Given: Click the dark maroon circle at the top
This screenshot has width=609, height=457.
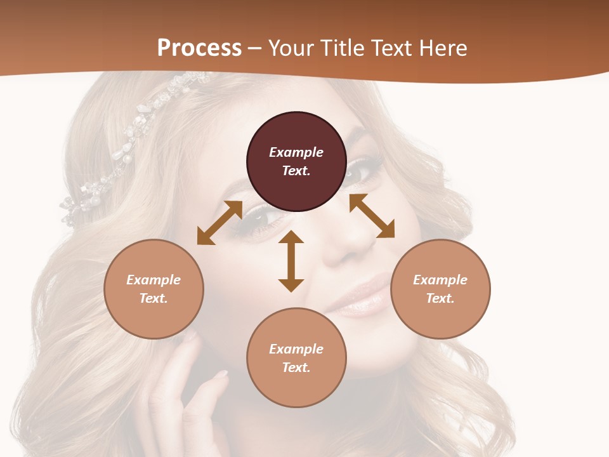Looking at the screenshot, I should point(296,161).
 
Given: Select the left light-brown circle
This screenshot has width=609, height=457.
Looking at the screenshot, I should point(154,289).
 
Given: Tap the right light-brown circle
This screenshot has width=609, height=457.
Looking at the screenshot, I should point(440,289).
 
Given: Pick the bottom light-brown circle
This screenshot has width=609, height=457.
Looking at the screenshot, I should point(296,358).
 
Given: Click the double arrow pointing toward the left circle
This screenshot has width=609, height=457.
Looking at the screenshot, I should point(219,223).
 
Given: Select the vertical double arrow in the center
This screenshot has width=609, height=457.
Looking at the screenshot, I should point(291,261).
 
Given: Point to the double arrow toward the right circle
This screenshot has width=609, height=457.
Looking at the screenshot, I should point(372,216).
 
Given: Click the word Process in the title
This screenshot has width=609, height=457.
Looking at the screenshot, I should point(199,48).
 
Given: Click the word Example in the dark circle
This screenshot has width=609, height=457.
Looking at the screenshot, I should point(296,152).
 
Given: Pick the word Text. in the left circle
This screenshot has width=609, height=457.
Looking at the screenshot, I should point(154,298).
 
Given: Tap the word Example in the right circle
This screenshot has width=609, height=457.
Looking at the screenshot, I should point(440,280).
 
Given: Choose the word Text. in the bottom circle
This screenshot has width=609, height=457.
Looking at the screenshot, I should point(296,368).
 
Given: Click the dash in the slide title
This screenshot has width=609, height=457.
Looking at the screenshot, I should point(255,49).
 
